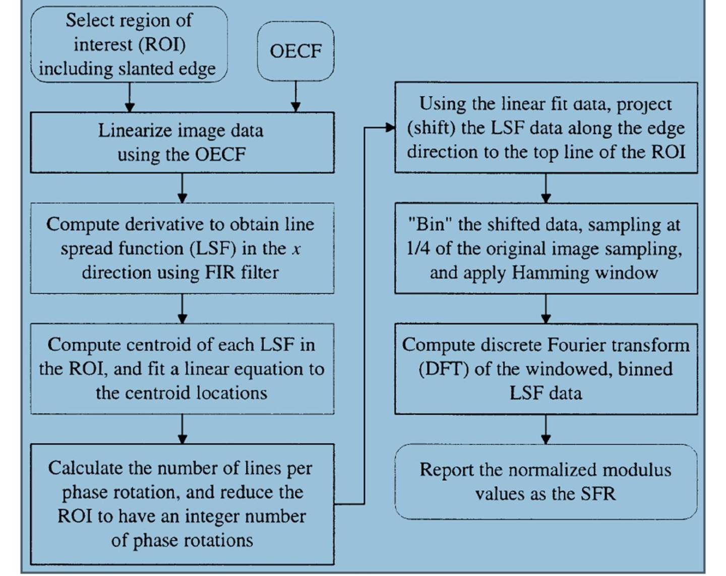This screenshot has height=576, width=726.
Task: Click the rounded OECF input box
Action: [x=295, y=51]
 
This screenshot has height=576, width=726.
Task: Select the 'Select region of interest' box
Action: [x=129, y=44]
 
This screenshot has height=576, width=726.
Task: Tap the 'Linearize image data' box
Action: [x=182, y=143]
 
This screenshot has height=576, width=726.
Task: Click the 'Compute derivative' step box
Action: [x=182, y=248]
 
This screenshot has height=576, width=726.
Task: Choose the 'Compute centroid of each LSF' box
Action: [x=182, y=369]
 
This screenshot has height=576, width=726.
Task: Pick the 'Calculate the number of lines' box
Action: [x=182, y=504]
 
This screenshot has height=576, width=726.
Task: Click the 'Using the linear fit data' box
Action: [x=546, y=127]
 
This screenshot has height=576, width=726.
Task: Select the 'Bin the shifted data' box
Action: [x=546, y=248]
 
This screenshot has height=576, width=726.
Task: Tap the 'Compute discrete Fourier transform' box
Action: [x=546, y=369]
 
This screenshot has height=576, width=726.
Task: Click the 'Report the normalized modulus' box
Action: [x=546, y=482]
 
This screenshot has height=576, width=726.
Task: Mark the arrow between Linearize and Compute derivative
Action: [x=183, y=188]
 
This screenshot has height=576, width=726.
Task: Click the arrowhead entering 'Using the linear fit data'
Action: [x=390, y=128]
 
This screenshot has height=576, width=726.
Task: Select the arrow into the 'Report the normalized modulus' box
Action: [x=546, y=429]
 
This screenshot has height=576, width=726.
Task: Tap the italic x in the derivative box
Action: [x=296, y=249]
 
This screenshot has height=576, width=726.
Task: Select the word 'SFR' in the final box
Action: [x=598, y=494]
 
